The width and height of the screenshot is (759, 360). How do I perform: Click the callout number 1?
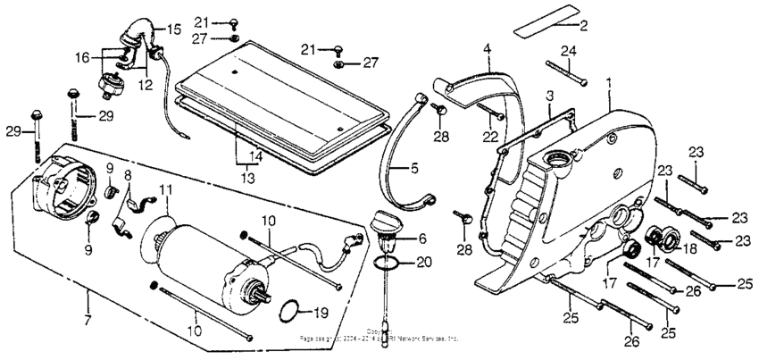pyautogui.click(x=610, y=82)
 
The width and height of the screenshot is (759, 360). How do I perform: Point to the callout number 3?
pyautogui.click(x=551, y=95)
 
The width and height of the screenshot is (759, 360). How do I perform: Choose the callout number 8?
pyautogui.click(x=128, y=175)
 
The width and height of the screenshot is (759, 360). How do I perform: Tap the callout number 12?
pyautogui.click(x=144, y=85)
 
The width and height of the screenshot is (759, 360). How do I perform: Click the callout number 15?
pyautogui.click(x=173, y=29)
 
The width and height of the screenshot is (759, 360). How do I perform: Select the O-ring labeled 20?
pyautogui.click(x=385, y=264)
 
